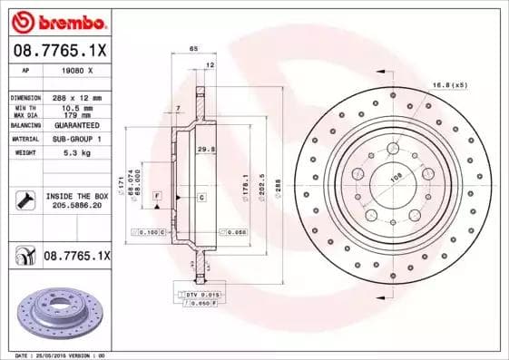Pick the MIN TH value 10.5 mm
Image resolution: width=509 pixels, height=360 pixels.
[72, 106]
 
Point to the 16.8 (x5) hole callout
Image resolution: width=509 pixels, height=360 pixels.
[450, 84]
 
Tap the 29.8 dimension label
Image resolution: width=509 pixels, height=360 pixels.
[205, 149]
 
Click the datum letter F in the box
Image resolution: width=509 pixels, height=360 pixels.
[157, 196]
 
